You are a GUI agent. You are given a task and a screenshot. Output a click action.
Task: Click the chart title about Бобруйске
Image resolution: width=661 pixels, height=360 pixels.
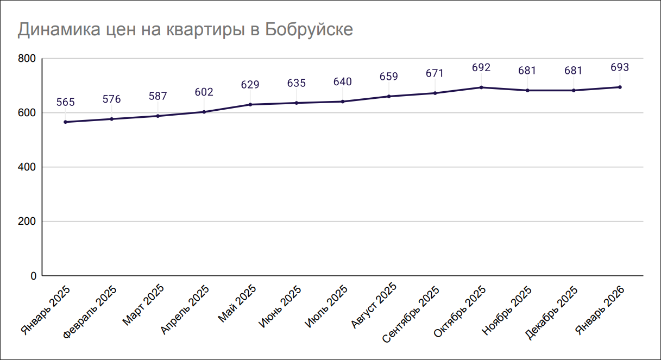click(x=185, y=29)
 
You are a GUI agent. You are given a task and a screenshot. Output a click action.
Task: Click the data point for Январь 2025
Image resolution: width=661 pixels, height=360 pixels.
click(x=65, y=122)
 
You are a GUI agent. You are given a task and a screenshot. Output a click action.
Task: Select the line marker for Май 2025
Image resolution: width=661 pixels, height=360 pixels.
click(x=250, y=104)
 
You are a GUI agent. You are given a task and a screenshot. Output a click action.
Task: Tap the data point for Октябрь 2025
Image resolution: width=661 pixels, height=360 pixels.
click(x=481, y=87)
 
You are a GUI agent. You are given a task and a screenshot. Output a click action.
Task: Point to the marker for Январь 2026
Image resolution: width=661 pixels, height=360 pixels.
click(x=620, y=87)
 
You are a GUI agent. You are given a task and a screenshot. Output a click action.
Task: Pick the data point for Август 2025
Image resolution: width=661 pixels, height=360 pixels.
click(x=389, y=96)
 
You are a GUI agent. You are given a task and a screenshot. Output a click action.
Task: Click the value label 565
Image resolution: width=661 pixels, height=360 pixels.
click(x=65, y=102)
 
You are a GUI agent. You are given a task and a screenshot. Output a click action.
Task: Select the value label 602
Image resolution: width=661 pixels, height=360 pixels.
click(x=204, y=92)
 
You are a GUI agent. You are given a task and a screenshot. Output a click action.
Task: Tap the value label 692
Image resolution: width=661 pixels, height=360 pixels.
click(x=481, y=68)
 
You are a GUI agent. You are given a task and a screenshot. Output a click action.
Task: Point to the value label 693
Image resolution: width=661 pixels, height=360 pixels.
click(x=620, y=68)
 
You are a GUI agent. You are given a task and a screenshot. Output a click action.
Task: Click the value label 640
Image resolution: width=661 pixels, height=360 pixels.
click(x=343, y=82)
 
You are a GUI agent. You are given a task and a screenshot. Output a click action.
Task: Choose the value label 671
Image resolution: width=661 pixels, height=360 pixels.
click(x=435, y=73)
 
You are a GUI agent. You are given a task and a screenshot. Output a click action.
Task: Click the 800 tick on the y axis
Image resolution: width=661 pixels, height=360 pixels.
click(x=27, y=59)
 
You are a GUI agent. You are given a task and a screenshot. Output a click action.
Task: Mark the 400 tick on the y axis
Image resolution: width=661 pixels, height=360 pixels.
click(x=27, y=167)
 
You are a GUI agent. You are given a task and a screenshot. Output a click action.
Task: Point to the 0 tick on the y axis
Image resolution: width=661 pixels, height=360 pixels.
click(x=33, y=276)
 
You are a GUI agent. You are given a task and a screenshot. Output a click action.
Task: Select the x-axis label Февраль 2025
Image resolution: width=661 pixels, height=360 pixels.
click(x=90, y=311)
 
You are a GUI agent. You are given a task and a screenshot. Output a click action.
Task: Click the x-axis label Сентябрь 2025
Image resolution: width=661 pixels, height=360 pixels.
click(x=411, y=314)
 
